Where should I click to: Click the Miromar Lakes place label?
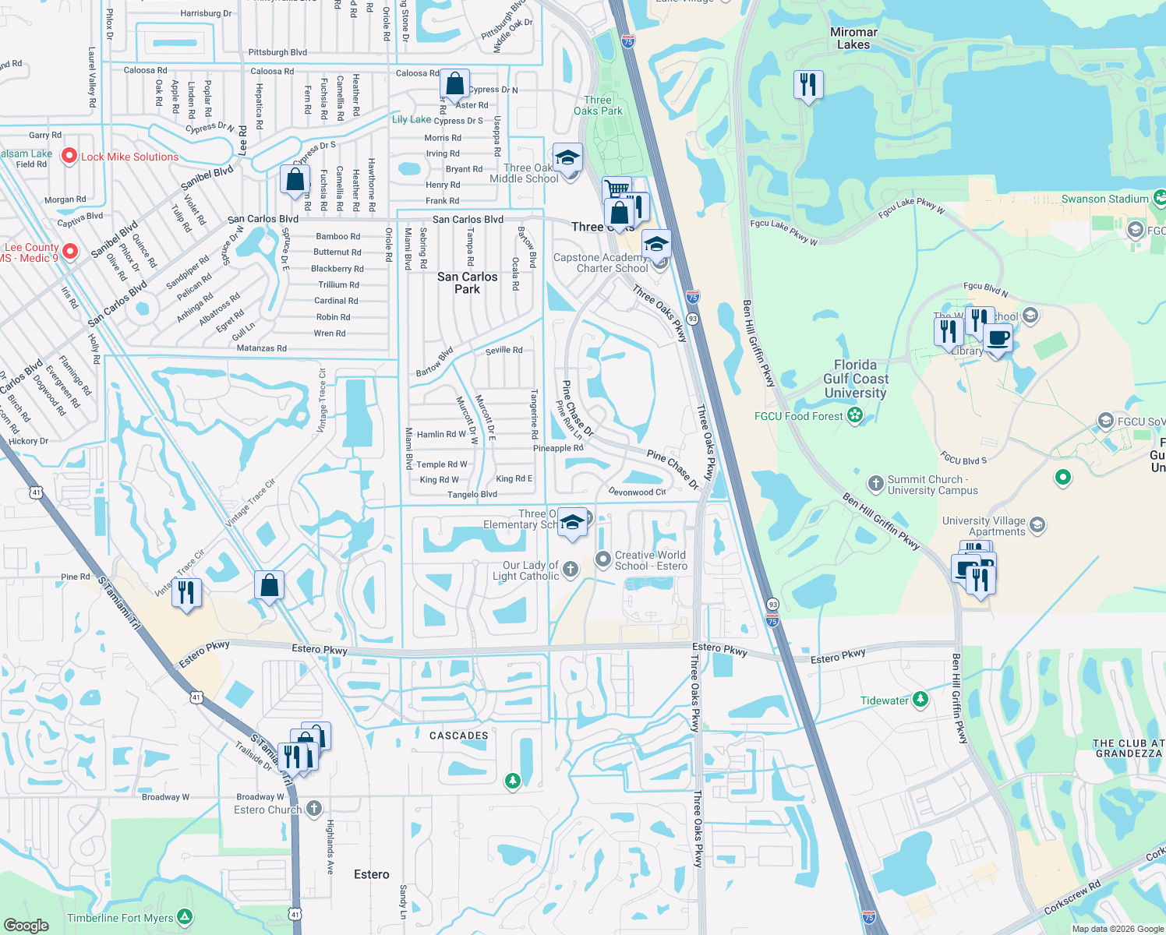[853, 38]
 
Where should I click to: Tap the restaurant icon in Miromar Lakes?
[808, 84]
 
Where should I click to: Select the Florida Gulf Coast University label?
[855, 379]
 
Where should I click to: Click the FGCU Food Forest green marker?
[855, 415]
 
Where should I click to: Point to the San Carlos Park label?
[467, 283]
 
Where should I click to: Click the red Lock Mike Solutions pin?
[69, 157]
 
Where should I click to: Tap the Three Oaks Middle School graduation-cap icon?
[567, 159]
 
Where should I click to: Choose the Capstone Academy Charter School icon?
[656, 245]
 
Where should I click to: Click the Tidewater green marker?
[920, 700]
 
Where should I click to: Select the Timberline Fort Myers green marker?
[185, 917]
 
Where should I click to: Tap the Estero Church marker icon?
[313, 809]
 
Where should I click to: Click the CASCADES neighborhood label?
[458, 736]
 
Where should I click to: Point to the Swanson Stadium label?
[1104, 199]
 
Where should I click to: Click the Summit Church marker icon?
[875, 484]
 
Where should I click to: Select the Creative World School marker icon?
[602, 559]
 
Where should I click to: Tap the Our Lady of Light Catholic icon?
[571, 570]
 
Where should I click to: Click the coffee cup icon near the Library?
[998, 340]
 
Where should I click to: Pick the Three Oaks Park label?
[598, 105]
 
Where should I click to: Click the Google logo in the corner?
[26, 925]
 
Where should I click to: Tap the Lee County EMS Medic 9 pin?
[70, 251]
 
